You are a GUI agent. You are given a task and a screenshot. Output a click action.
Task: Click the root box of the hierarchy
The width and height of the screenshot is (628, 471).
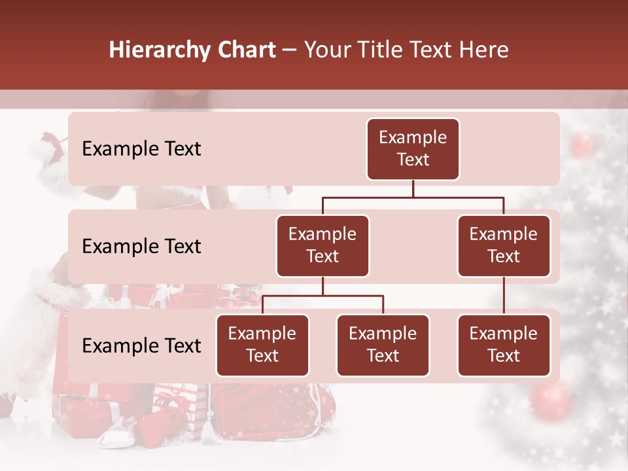click(x=413, y=149)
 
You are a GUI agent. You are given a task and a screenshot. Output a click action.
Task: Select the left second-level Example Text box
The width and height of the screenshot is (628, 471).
click(x=323, y=246)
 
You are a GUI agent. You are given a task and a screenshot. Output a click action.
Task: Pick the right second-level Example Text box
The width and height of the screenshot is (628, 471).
click(x=504, y=246)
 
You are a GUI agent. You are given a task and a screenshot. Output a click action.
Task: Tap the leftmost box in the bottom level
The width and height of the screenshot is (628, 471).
click(x=262, y=345)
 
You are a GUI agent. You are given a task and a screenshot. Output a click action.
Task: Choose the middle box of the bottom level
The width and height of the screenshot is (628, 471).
click(x=383, y=345)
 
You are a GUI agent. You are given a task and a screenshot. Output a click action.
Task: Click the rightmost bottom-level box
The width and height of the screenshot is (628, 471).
click(x=504, y=345)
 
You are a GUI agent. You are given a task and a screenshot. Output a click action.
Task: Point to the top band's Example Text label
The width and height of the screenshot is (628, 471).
click(x=141, y=149)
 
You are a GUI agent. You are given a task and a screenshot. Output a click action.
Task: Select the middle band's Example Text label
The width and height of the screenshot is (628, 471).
click(x=141, y=247)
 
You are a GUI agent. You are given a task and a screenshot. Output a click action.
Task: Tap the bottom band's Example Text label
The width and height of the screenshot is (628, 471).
click(x=141, y=346)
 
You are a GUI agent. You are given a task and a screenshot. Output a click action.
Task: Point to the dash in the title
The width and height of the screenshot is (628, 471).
click(x=290, y=51)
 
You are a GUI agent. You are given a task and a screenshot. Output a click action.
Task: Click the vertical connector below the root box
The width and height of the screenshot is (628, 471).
click(x=413, y=188)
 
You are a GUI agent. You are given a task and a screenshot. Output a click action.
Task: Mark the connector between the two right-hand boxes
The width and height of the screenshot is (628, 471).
click(x=504, y=296)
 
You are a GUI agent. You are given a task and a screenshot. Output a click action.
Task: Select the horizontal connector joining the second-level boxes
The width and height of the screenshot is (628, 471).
click(x=413, y=197)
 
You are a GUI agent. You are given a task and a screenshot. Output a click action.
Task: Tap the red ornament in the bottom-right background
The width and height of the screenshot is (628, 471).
click(x=553, y=401)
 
